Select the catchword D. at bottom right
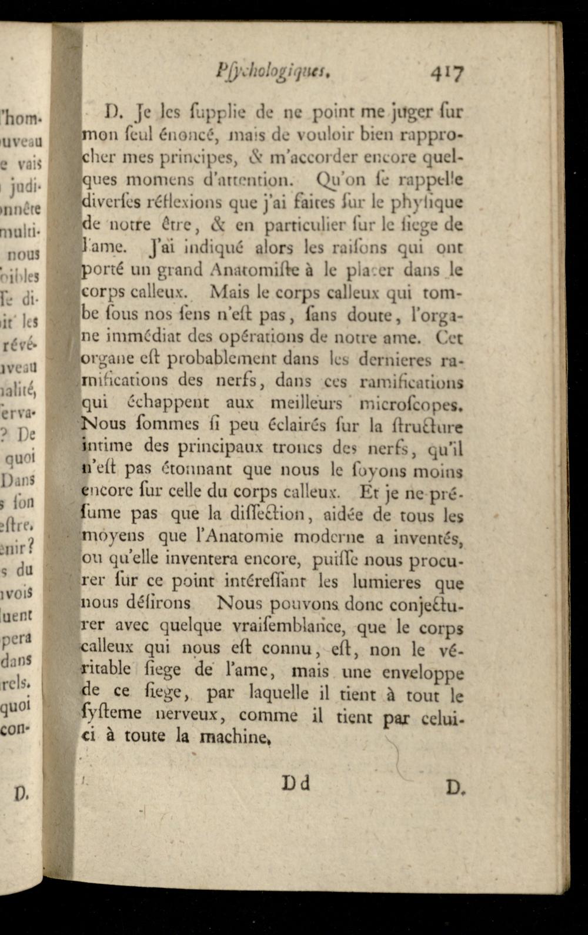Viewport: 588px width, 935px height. pyautogui.click(x=454, y=786)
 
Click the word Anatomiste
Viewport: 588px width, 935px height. pyautogui.click(x=253, y=270)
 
